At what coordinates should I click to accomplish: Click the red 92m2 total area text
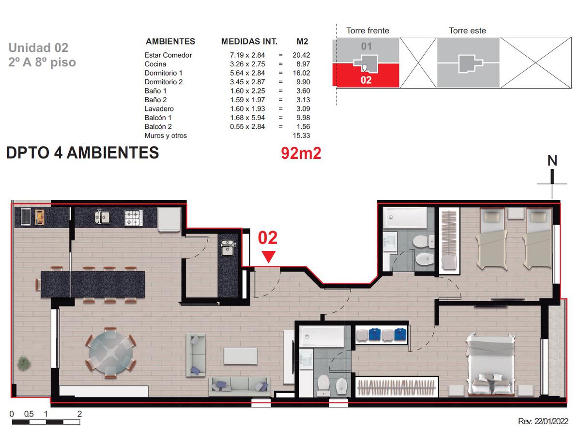pyautogui.click(x=301, y=153)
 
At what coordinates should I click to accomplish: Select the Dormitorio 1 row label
pyautogui.click(x=163, y=73)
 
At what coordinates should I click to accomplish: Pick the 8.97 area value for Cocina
pyautogui.click(x=303, y=64)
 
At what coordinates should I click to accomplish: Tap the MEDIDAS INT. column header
pyautogui.click(x=249, y=41)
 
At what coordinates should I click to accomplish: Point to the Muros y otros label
pyautogui.click(x=166, y=136)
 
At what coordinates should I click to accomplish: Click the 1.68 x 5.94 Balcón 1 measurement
pyautogui.click(x=247, y=118)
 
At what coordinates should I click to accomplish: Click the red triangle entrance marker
pyautogui.click(x=268, y=257)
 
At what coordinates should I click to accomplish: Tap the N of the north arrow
pyautogui.click(x=552, y=160)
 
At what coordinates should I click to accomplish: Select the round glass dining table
pyautogui.click(x=110, y=353)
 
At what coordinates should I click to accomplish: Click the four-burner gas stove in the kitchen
pyautogui.click(x=133, y=217)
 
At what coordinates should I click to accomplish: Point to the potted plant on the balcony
pyautogui.click(x=24, y=363)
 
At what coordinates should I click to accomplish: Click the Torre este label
pyautogui.click(x=467, y=31)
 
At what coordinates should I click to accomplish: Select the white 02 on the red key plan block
pyautogui.click(x=366, y=80)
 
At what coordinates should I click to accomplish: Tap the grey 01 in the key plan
pyautogui.click(x=366, y=46)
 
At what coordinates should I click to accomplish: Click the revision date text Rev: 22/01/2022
pyautogui.click(x=543, y=421)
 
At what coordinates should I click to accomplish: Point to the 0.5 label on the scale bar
pyautogui.click(x=29, y=414)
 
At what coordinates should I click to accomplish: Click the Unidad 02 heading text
pyautogui.click(x=38, y=48)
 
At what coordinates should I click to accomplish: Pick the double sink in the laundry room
pyautogui.click(x=227, y=247)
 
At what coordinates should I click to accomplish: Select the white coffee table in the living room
pyautogui.click(x=241, y=356)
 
